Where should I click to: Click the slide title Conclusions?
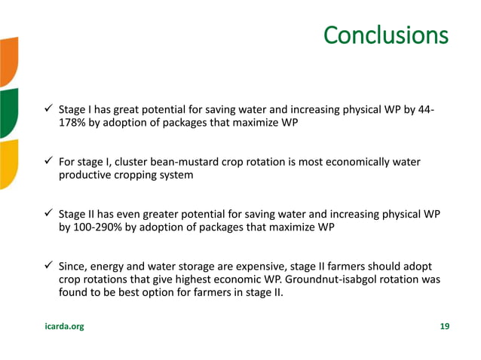tap(385, 35)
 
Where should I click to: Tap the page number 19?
tap(444, 326)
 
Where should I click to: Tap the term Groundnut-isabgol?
tap(348, 279)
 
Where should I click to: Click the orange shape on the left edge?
tap(8, 60)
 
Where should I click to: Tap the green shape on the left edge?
tap(8, 113)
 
